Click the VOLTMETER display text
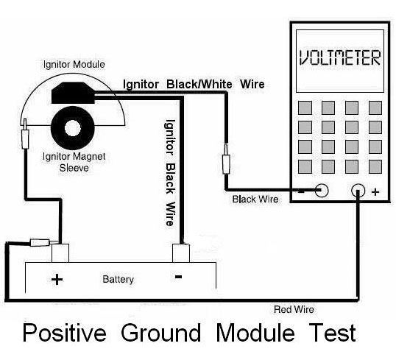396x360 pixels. point(340,58)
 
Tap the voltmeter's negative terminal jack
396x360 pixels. point(322,190)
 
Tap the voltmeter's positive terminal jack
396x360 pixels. point(358,190)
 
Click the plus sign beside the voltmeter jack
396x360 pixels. point(375,192)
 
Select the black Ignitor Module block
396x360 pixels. point(73,93)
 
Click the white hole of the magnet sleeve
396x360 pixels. point(73,128)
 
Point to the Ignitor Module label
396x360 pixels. point(74,65)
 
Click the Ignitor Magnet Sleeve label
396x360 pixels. point(74,162)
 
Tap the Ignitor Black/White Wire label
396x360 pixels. point(194,84)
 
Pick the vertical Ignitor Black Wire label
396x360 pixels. point(170,172)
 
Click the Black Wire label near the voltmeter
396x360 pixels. point(255,199)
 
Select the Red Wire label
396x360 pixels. point(294,309)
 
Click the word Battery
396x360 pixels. point(119,280)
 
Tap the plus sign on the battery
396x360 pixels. point(57,280)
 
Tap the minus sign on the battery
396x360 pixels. point(178,277)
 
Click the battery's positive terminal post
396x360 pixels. point(60,253)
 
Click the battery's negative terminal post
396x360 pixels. point(181,253)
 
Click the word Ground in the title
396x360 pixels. point(161,333)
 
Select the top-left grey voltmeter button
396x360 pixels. point(305,107)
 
